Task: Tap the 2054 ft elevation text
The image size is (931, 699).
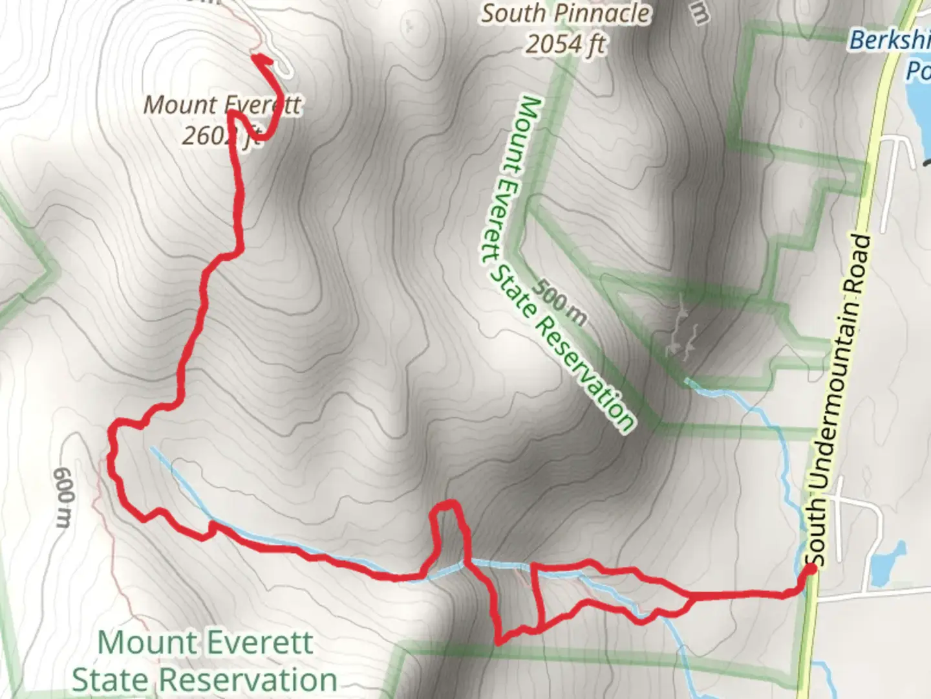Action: (566, 44)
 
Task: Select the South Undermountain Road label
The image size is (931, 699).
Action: (840, 401)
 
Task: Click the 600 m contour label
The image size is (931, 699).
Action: (63, 497)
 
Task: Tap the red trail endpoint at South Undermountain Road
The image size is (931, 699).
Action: (810, 569)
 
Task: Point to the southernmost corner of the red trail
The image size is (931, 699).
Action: (498, 641)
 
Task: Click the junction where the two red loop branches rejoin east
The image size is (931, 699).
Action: (692, 598)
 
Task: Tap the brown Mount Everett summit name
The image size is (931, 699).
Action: (222, 105)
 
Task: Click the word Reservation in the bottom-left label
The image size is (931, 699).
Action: (248, 680)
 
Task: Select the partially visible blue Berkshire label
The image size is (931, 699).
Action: (889, 40)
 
